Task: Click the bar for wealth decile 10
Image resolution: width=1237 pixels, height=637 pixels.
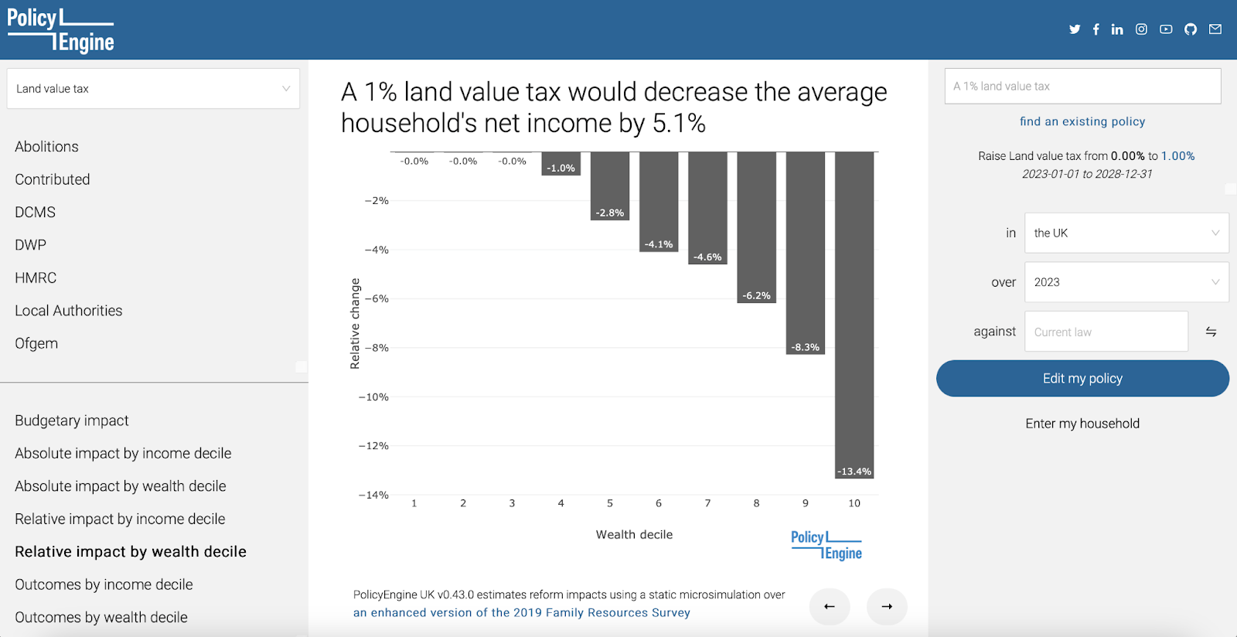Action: [854, 315]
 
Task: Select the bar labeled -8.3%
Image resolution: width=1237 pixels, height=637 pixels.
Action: [805, 253]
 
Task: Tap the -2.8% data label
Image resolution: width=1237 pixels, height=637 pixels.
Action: [610, 213]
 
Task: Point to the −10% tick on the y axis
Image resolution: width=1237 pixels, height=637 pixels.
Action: [374, 397]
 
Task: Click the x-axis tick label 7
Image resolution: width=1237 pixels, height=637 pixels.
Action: [707, 502]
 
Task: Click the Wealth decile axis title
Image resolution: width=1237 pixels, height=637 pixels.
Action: [634, 534]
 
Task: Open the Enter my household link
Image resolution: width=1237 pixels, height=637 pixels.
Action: [1082, 424]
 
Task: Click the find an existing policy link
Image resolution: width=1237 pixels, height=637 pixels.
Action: [1082, 121]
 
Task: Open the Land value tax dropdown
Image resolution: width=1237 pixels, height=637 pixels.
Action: [153, 88]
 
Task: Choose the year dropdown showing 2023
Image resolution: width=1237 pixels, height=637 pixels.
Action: [1126, 282]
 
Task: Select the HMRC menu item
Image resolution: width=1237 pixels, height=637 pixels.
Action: [36, 278]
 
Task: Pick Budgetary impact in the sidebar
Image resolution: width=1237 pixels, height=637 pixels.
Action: [72, 421]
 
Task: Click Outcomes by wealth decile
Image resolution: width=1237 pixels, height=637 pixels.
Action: [101, 617]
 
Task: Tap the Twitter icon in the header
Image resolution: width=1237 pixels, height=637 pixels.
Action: [1074, 29]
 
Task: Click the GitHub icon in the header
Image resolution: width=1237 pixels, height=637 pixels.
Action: [1190, 29]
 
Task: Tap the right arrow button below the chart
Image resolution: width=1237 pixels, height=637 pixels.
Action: [887, 607]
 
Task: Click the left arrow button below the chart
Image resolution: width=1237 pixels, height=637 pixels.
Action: [830, 607]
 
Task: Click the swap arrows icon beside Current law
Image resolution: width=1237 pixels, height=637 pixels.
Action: [1211, 332]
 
